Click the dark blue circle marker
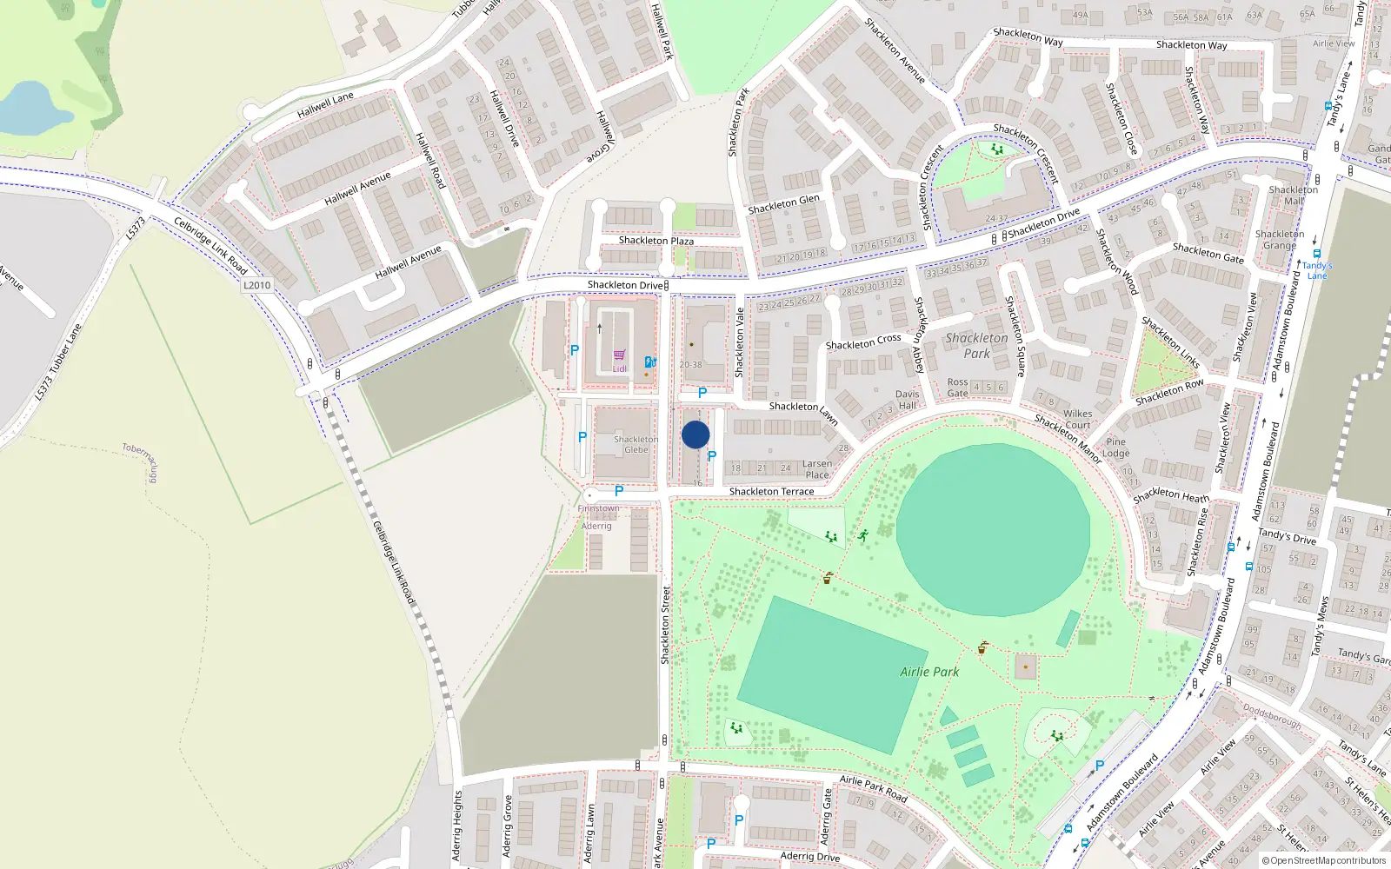[695, 434]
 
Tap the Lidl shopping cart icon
[619, 355]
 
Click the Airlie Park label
[929, 672]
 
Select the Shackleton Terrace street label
[771, 492]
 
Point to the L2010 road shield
[256, 285]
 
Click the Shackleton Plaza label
[656, 241]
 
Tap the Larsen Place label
[816, 469]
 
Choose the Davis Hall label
[907, 400]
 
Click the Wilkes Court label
[1077, 420]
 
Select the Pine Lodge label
[1115, 448]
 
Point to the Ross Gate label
[957, 388]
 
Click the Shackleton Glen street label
[783, 204]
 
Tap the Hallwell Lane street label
[325, 105]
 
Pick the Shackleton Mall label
[1293, 196]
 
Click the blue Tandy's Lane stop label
[1316, 270]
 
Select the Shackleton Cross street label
[863, 342]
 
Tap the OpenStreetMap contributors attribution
[1323, 861]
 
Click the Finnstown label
[599, 508]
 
